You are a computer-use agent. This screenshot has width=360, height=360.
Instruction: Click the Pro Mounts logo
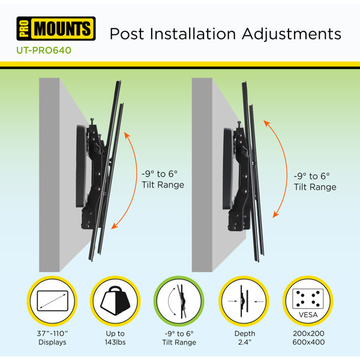[x=56, y=28]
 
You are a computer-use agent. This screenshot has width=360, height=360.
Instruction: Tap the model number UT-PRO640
[x=44, y=50]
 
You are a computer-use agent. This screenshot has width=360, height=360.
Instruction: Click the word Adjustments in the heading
[x=292, y=34]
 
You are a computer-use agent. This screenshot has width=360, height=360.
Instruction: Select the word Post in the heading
[x=127, y=34]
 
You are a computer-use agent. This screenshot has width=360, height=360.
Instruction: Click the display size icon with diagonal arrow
[x=52, y=301]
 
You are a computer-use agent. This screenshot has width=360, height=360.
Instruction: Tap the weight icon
[x=115, y=301]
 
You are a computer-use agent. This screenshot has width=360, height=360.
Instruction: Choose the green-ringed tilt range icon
[x=179, y=301]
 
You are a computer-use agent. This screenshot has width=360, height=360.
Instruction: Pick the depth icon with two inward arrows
[x=244, y=301]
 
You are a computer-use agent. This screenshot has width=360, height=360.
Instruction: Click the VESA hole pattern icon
[x=308, y=301]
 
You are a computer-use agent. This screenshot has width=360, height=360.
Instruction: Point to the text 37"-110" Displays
[x=52, y=338]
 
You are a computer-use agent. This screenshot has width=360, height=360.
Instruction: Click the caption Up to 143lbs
[x=115, y=338]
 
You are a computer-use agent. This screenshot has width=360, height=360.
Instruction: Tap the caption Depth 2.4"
[x=245, y=338]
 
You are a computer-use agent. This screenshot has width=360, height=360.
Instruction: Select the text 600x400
[x=308, y=342]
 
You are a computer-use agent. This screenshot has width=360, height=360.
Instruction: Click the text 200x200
[x=308, y=334]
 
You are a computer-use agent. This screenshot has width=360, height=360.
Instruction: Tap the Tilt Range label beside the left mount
[x=163, y=185]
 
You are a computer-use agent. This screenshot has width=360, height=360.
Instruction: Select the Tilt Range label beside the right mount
[x=315, y=187]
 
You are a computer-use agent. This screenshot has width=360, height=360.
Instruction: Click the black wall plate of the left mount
[x=81, y=166]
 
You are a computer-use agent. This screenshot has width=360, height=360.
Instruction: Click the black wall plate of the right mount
[x=228, y=169]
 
